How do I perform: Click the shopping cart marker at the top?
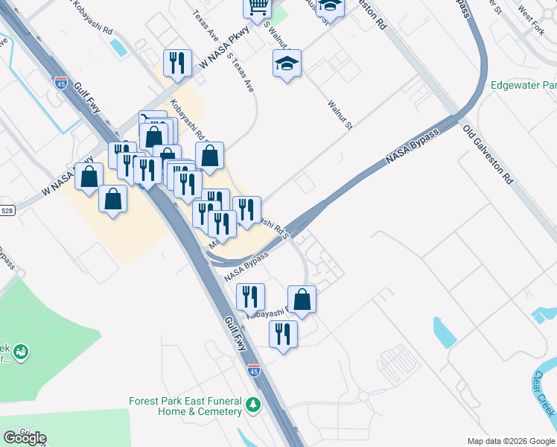258,7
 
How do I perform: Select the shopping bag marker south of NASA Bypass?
302,299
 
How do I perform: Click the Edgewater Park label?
523,85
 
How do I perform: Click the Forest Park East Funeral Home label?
185,405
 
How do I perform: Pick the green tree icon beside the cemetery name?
254,405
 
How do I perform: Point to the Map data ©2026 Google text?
510,441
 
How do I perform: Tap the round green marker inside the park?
20,349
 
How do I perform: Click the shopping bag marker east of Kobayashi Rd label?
210,156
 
